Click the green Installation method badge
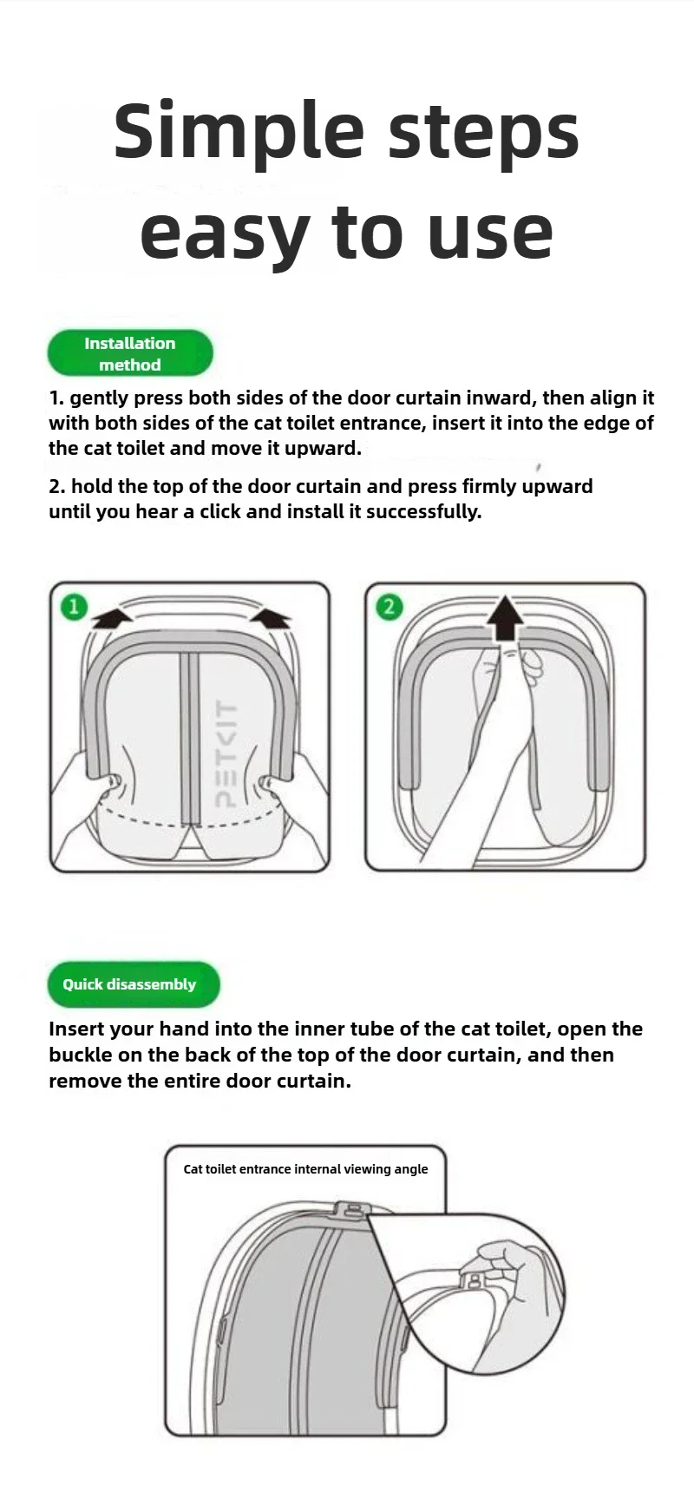coord(130,353)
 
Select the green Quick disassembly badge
coord(134,984)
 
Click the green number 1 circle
coord(74,606)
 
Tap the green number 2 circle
coord(389,606)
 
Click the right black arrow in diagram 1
coord(271,617)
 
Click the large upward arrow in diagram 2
coord(505,618)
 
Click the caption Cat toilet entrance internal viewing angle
coord(305,1169)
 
